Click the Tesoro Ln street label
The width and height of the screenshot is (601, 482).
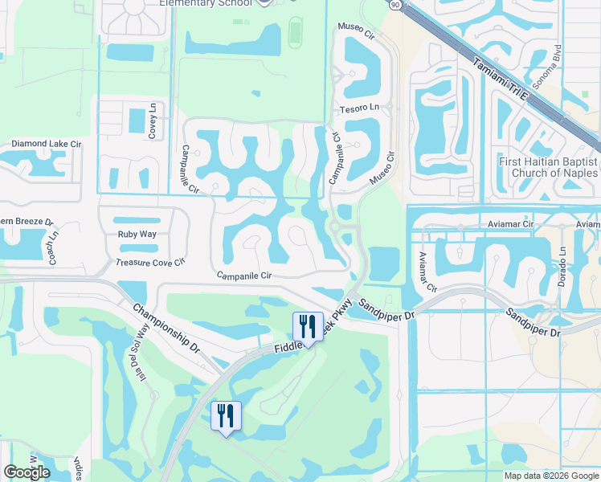(x=359, y=108)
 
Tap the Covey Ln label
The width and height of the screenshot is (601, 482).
(x=152, y=120)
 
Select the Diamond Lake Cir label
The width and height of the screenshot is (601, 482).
(x=47, y=144)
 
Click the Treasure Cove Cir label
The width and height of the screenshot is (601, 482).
(x=150, y=262)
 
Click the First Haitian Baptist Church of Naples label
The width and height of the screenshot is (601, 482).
(x=548, y=167)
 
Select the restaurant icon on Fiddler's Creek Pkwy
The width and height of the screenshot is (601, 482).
(x=308, y=326)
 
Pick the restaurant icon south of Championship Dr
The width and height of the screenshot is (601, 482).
(x=226, y=415)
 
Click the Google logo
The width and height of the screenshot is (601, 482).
(x=27, y=472)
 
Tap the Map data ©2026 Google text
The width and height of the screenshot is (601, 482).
(x=550, y=476)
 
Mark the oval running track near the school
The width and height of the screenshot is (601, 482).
(x=296, y=32)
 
